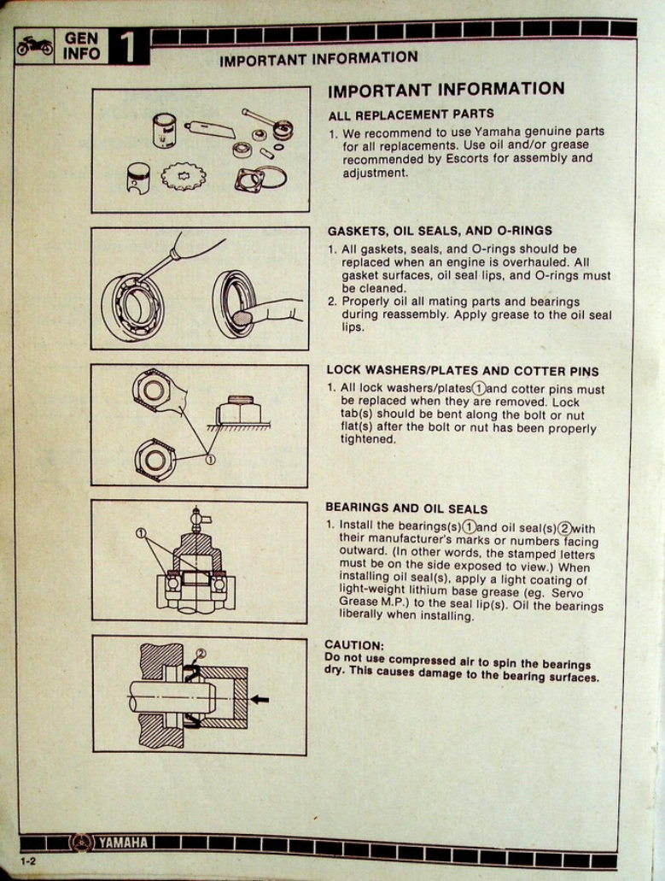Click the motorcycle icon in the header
point(35,46)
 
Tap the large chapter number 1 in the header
point(128,47)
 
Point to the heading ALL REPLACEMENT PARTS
point(411,114)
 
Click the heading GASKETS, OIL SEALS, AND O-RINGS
point(440,231)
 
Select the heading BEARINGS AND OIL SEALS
point(406,508)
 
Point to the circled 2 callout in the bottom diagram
point(201,655)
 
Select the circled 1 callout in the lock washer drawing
point(211,460)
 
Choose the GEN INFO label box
point(82,46)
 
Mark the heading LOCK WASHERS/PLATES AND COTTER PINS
point(462,371)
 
